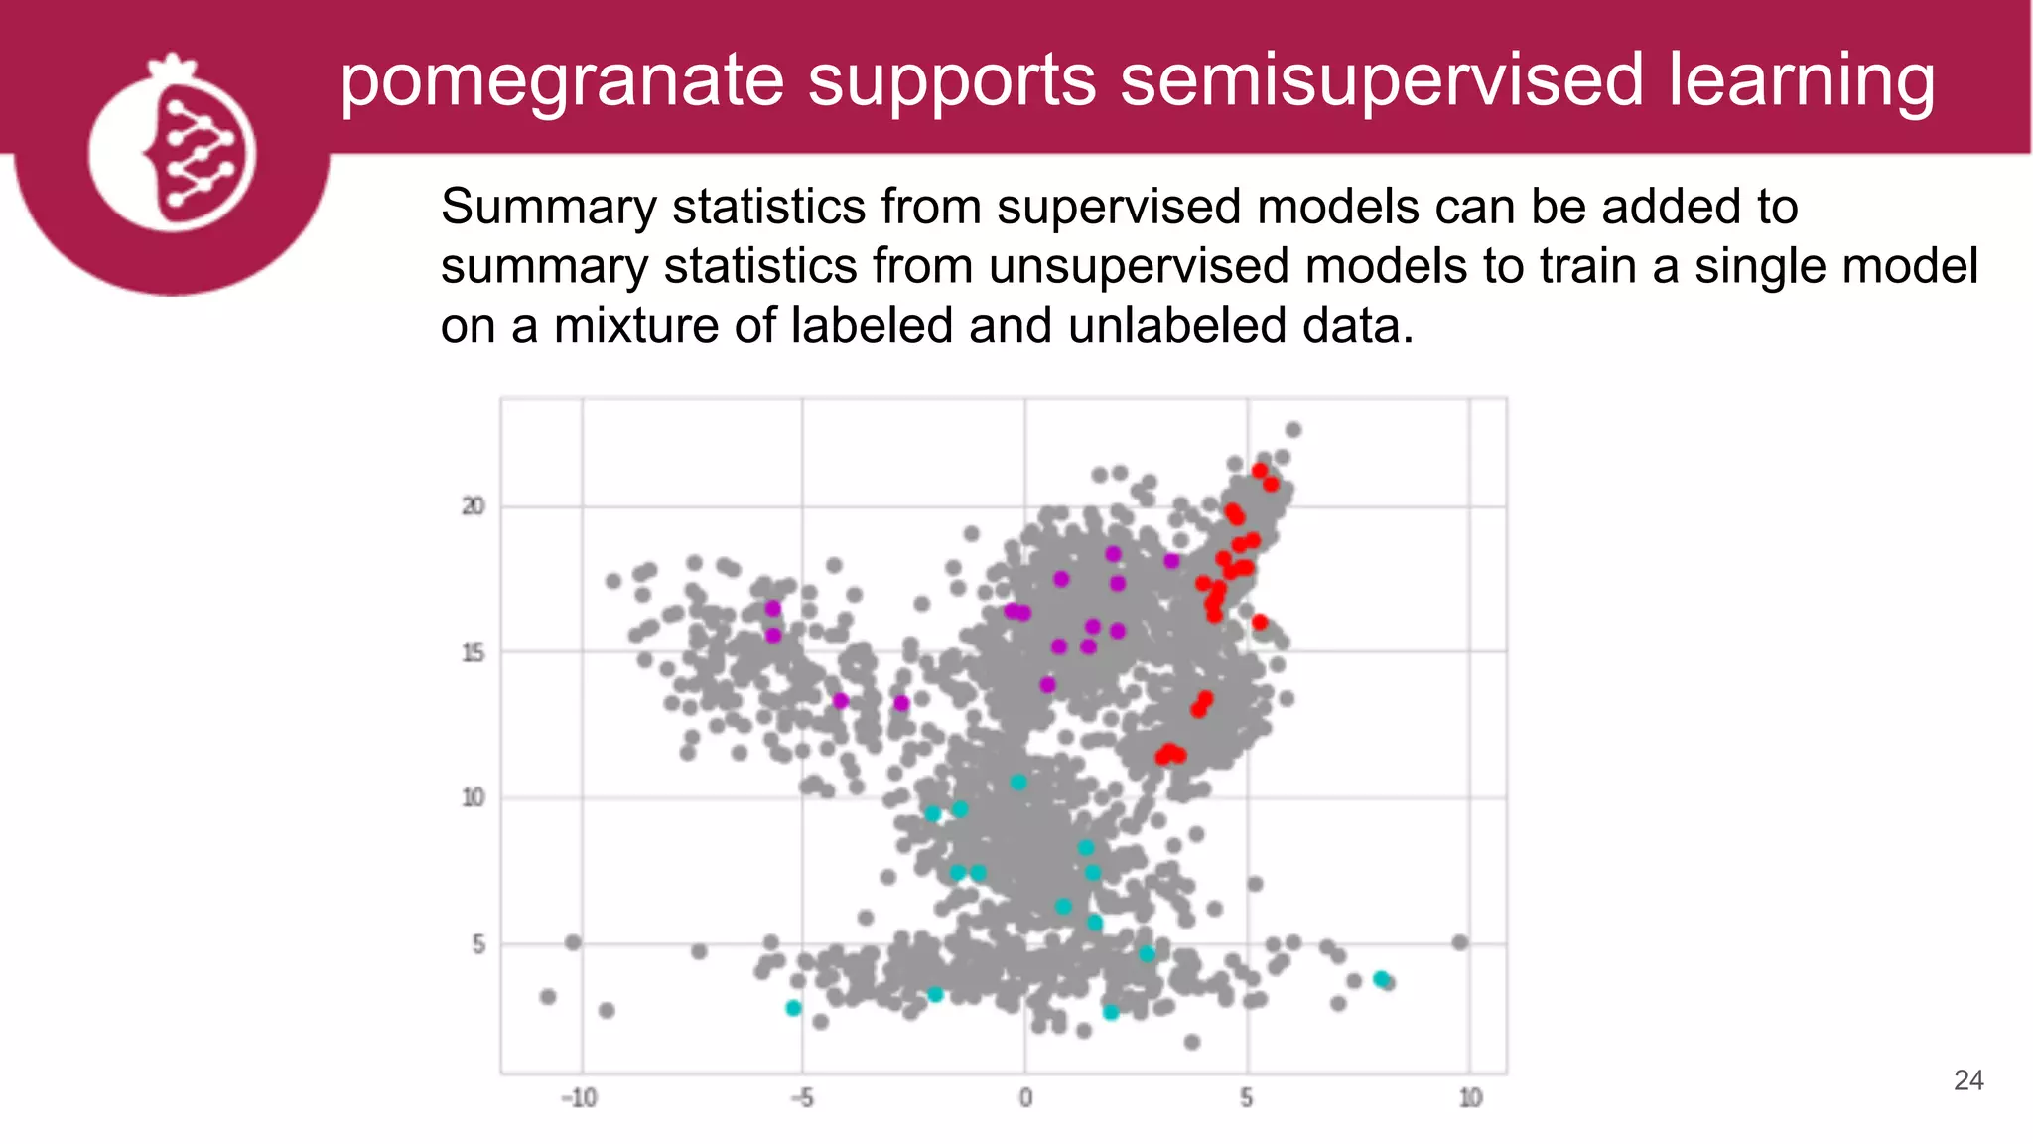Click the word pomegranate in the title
coord(562,81)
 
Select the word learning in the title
coord(1801,81)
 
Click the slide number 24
coord(1967,1080)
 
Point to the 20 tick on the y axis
coord(474,506)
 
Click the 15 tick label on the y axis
coord(474,652)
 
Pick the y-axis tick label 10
coord(474,797)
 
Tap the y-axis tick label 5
coord(478,944)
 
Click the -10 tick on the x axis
coord(579,1098)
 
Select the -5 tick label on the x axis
coord(801,1098)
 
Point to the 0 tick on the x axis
coord(1025,1098)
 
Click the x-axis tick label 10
coord(1470,1098)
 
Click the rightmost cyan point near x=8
coord(1381,979)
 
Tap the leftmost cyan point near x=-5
coord(793,1008)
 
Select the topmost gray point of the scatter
coord(1293,430)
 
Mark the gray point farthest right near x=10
coord(1459,942)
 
